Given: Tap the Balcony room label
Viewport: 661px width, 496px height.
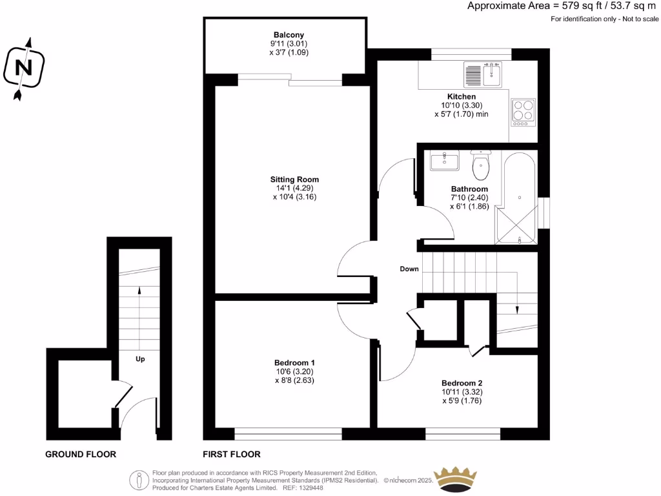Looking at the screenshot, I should click(x=289, y=35).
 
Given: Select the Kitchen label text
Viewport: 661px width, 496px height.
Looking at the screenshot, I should click(x=462, y=96).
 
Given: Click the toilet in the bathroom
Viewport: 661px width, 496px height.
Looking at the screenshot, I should click(x=481, y=166).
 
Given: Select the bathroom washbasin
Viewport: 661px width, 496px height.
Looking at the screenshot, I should click(x=443, y=160).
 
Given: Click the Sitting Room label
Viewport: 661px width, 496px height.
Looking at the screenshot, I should click(x=294, y=180).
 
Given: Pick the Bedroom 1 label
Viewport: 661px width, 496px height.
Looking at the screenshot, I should click(x=294, y=362).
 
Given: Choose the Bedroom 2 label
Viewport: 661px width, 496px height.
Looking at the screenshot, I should click(x=462, y=382).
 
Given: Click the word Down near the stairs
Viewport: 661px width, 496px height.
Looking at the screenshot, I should click(x=409, y=269).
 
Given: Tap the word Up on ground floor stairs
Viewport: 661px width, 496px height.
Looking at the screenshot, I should click(x=139, y=358).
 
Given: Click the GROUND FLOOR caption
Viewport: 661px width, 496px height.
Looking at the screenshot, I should click(x=81, y=454).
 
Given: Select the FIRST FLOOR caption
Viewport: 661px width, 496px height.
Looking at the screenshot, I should click(x=232, y=454).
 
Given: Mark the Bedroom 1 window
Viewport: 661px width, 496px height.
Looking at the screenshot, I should click(x=288, y=433).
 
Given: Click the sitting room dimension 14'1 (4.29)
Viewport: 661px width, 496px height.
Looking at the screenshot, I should click(x=294, y=189).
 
